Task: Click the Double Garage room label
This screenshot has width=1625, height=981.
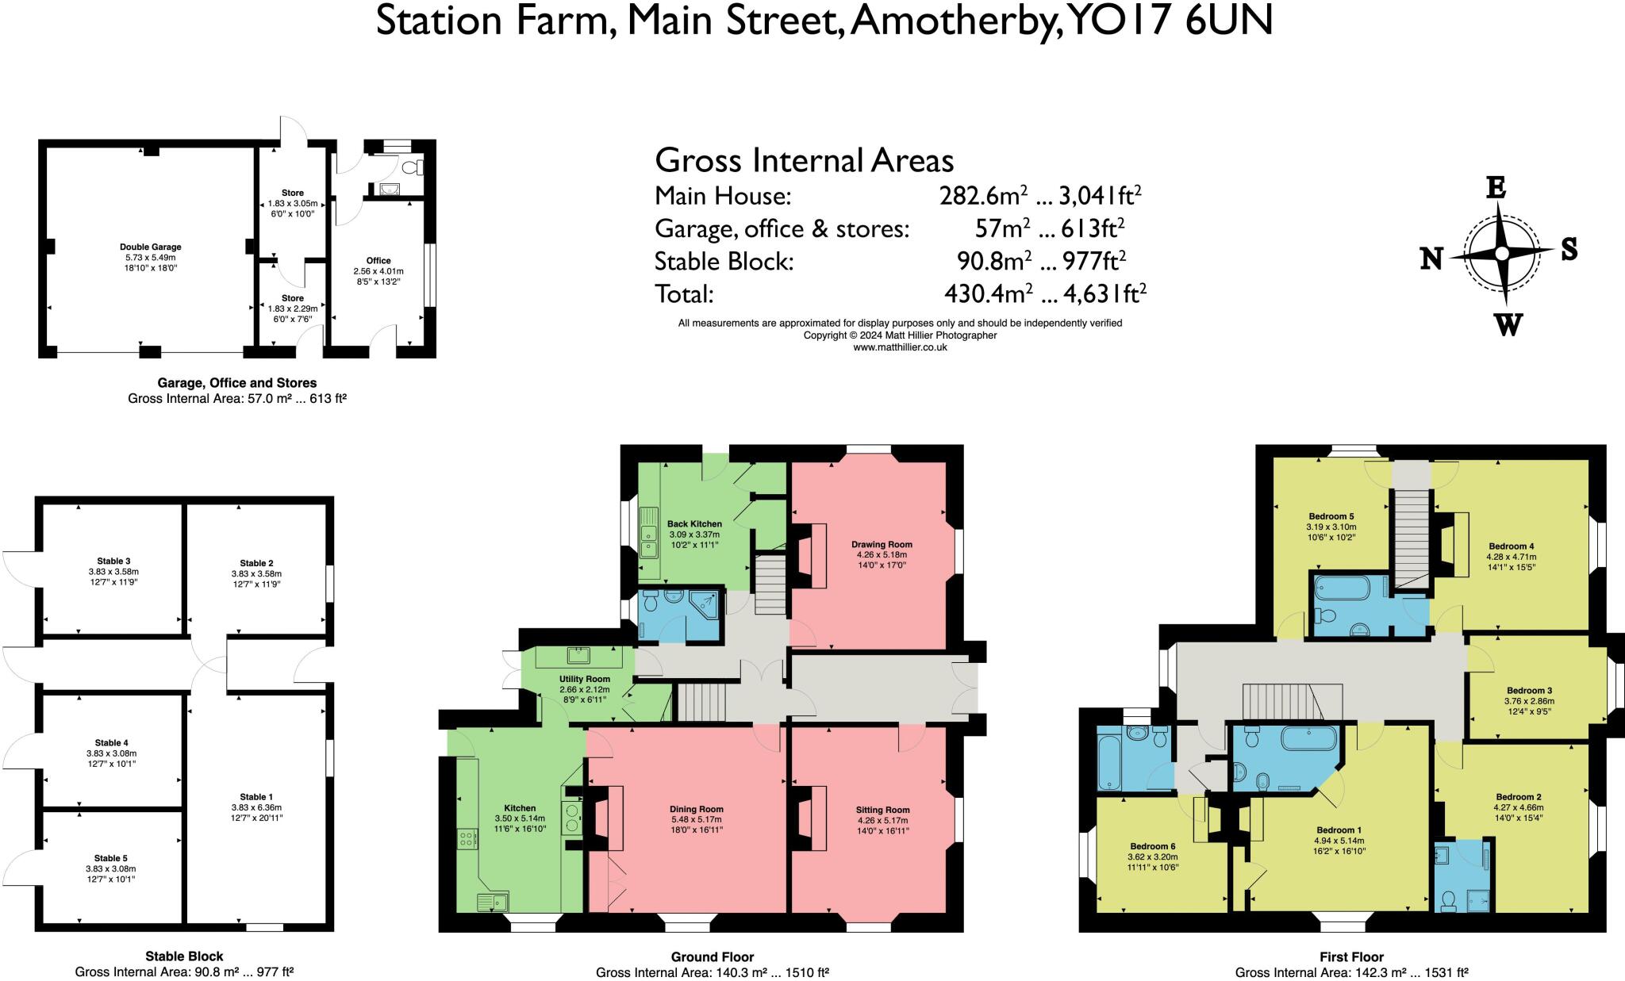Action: pos(151,247)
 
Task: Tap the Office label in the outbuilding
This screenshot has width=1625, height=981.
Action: pos(378,261)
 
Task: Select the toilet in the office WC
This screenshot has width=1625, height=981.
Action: pos(414,168)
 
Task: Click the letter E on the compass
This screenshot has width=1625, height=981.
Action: pos(1496,189)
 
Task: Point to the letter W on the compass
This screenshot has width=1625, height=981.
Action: pos(1508,324)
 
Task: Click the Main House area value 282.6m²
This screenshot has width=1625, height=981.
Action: pos(984,196)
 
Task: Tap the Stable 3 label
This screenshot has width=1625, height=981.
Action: pos(113,561)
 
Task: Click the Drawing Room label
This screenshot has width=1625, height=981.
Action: pos(882,545)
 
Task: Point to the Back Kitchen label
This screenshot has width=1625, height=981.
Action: pos(694,524)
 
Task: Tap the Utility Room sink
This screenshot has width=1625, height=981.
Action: pos(577,655)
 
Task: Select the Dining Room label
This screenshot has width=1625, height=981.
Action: pos(696,810)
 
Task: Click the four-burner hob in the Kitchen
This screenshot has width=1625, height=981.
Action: pos(467,839)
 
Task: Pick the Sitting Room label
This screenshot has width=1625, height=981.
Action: pos(882,810)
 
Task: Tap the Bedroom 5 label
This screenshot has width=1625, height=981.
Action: pos(1331,516)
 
